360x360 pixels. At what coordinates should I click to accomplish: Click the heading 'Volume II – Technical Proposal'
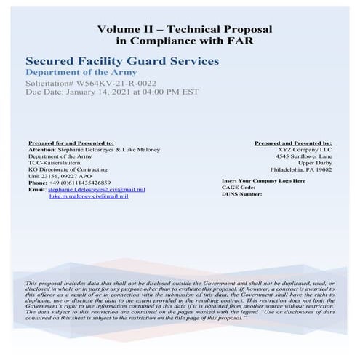point(184,29)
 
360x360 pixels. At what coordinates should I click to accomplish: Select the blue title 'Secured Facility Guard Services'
point(121,62)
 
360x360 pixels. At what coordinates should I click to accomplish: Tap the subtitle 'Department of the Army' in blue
point(76,73)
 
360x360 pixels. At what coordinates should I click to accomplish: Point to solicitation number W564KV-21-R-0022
point(110,84)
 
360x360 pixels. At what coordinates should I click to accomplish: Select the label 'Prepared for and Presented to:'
point(71,143)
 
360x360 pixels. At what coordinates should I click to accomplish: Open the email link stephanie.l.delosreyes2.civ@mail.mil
point(97,189)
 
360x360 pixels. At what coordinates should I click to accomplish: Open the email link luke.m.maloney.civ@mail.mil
point(89,196)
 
